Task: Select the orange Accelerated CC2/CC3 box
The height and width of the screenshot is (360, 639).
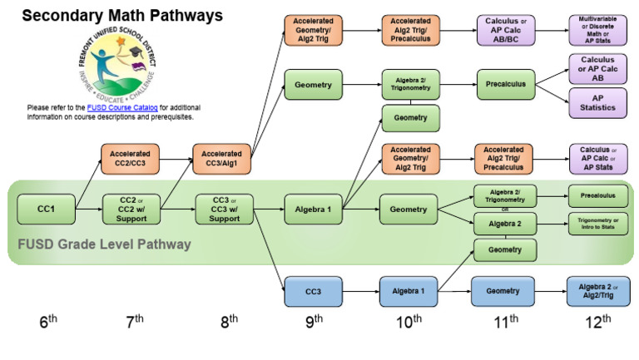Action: (x=129, y=159)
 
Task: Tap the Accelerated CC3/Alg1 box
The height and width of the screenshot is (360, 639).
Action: (x=222, y=159)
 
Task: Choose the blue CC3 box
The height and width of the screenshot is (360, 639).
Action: (x=314, y=291)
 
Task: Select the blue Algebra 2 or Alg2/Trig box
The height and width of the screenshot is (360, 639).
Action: (x=598, y=291)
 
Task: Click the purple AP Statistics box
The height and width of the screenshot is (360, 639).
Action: (x=598, y=103)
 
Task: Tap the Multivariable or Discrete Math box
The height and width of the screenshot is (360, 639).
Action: (x=598, y=31)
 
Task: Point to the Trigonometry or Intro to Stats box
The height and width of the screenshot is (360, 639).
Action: (x=598, y=224)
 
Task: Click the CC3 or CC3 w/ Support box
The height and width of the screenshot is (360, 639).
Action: (x=222, y=210)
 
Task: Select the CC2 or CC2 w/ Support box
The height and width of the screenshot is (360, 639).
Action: (x=129, y=210)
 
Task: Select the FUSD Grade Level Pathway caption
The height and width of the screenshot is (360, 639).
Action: (x=104, y=244)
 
